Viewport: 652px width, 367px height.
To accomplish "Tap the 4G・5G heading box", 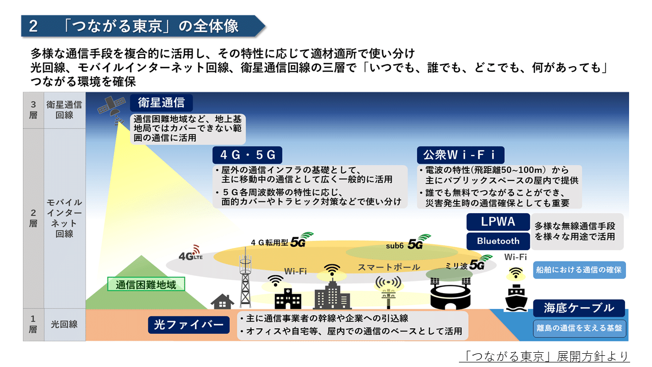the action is click(x=247, y=154).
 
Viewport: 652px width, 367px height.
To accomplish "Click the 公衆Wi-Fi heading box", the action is click(x=460, y=154).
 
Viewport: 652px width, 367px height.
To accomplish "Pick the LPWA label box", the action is click(x=498, y=222).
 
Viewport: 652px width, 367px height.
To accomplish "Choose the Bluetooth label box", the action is click(x=498, y=241).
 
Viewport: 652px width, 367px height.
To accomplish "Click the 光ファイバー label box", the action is click(x=189, y=325).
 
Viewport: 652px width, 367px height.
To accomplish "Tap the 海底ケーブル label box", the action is click(x=579, y=308).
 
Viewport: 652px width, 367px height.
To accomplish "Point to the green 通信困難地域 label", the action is click(x=146, y=284).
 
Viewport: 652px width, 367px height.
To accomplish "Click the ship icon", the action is click(x=517, y=298).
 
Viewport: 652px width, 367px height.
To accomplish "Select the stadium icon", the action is click(x=449, y=293).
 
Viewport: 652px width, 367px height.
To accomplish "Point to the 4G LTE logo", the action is click(x=191, y=256).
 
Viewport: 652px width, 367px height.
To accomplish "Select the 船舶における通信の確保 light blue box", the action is click(x=579, y=270).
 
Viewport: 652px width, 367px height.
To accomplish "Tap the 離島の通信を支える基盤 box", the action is click(x=579, y=328).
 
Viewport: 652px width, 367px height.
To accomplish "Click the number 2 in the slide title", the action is click(x=33, y=27).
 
